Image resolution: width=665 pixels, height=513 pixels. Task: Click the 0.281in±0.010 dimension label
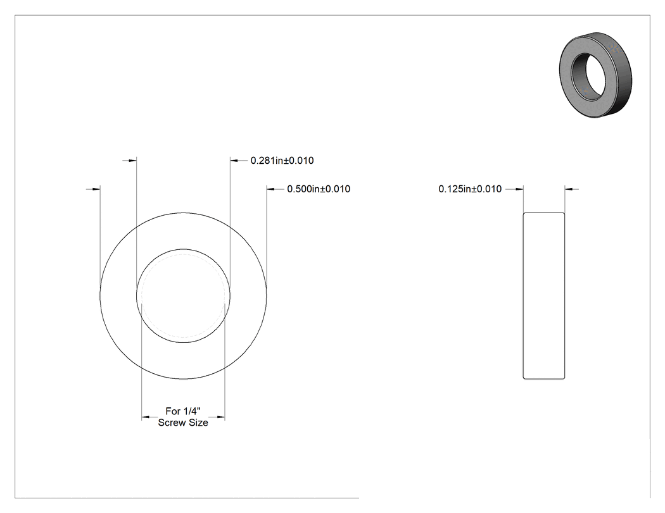click(282, 161)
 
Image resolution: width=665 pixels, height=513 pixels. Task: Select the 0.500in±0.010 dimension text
click(319, 189)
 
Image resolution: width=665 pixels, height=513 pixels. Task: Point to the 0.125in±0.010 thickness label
click(470, 189)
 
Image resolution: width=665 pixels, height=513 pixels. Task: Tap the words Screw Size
click(183, 423)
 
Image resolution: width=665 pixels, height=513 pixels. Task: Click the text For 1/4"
click(183, 411)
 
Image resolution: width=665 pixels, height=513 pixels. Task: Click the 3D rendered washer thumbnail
click(595, 75)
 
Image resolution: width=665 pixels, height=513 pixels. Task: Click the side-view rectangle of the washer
click(543, 295)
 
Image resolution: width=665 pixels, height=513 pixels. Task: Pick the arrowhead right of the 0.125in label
click(519, 189)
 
